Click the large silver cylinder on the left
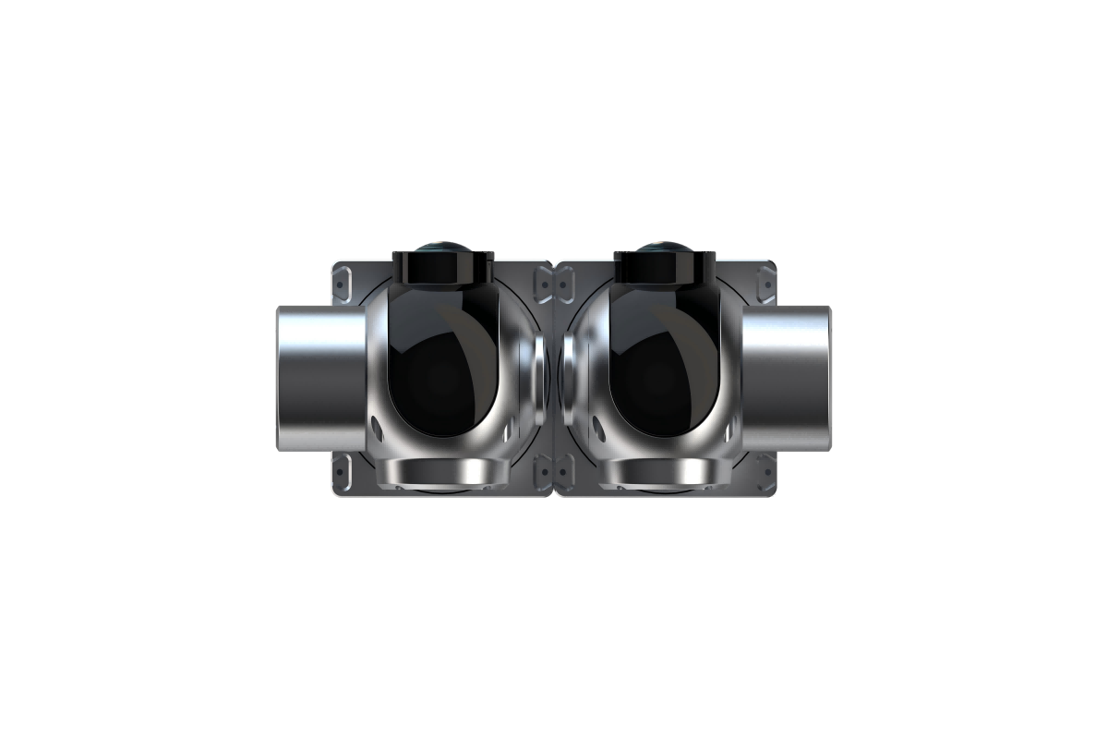319,379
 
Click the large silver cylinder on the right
789,379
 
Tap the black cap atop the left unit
443,268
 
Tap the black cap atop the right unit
664,268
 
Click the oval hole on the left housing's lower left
377,424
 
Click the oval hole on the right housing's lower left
598,426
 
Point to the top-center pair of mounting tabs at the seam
554,282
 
